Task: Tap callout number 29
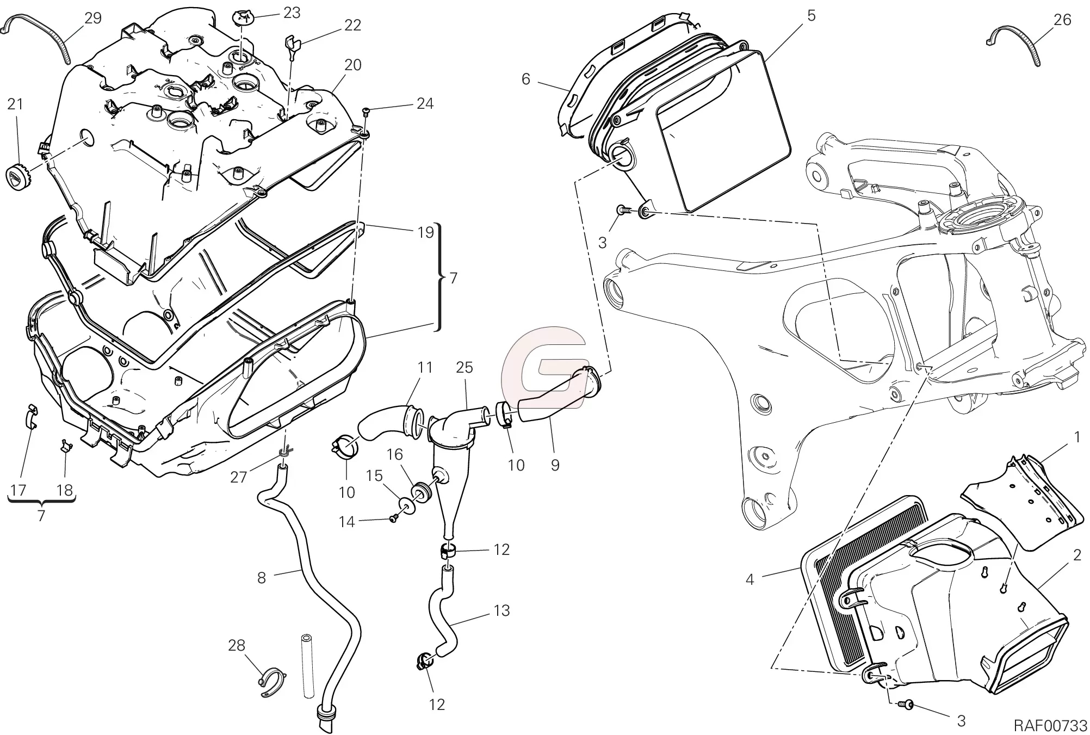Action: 93,18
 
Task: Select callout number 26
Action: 1062,20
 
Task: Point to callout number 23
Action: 292,13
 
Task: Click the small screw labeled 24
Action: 366,112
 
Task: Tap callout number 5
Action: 812,15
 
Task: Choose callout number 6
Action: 525,79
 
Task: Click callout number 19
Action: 425,232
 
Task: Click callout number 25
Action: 465,367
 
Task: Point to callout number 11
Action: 425,367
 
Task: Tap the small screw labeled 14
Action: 393,520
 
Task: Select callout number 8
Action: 262,578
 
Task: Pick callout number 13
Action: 501,610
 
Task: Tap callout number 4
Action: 750,580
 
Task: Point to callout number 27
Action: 239,477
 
